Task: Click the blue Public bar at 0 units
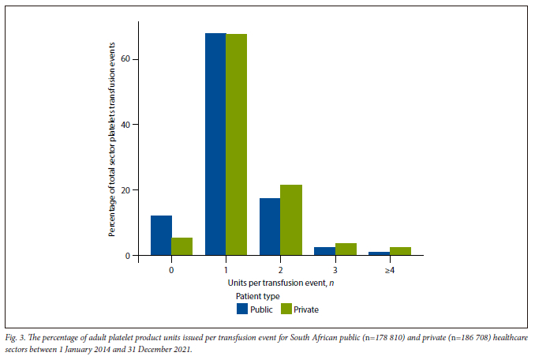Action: coord(161,235)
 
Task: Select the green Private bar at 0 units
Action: coord(182,246)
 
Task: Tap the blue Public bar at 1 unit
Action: coord(215,144)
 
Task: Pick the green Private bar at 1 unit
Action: coord(237,144)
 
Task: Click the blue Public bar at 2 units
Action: coord(270,227)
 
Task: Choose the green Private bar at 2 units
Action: coord(291,220)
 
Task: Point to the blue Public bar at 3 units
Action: coord(324,251)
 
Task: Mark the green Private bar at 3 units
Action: coord(346,249)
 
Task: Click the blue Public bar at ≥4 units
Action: coord(380,253)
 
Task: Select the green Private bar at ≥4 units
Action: coord(400,251)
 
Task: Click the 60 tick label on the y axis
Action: coord(126,59)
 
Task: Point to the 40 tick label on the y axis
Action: coord(126,125)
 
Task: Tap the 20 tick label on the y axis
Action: coord(126,190)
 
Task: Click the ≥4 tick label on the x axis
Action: coord(389,268)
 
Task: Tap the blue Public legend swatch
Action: coord(243,309)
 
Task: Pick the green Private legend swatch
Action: coord(286,309)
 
